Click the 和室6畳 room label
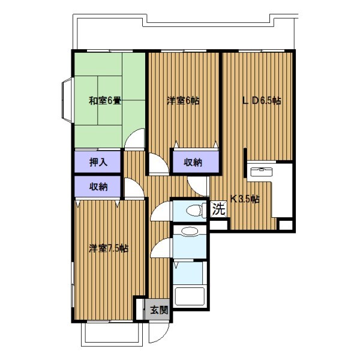(105, 101)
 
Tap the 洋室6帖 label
(183, 101)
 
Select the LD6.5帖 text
(262, 101)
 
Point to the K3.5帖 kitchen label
(245, 199)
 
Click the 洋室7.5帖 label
(109, 248)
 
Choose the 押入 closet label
(98, 163)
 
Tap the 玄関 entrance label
(159, 310)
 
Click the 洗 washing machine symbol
(218, 209)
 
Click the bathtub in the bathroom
(190, 296)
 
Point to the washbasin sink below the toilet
(189, 231)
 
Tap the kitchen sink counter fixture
(262, 172)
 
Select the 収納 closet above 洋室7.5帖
(98, 187)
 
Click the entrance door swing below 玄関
(158, 332)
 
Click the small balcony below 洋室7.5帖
(112, 334)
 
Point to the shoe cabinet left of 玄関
(140, 309)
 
